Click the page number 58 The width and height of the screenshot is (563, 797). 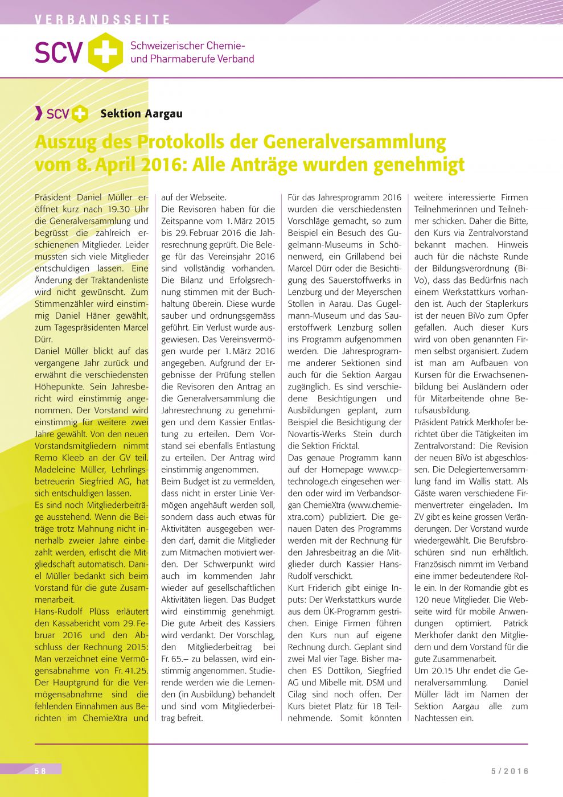[40, 771]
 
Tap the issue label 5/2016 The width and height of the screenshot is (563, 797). [510, 771]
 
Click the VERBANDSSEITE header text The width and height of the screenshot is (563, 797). [102, 20]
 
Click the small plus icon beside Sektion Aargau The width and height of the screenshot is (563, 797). [80, 114]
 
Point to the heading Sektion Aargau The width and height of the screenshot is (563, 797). [141, 114]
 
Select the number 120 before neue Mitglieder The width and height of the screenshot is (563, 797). [422, 599]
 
